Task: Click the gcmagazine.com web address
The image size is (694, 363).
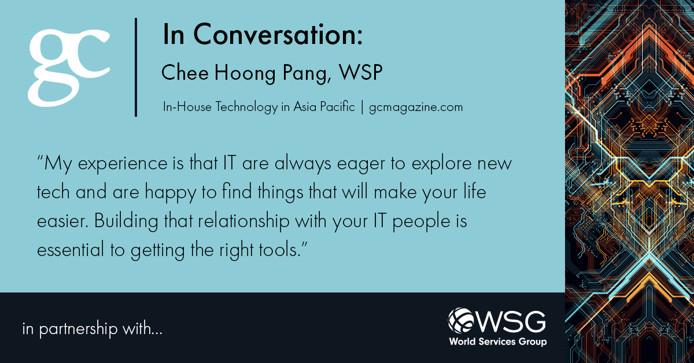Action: click(416, 107)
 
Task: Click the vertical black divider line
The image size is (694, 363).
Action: click(136, 67)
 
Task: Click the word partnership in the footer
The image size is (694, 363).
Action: click(83, 330)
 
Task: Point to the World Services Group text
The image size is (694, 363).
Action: click(498, 341)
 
